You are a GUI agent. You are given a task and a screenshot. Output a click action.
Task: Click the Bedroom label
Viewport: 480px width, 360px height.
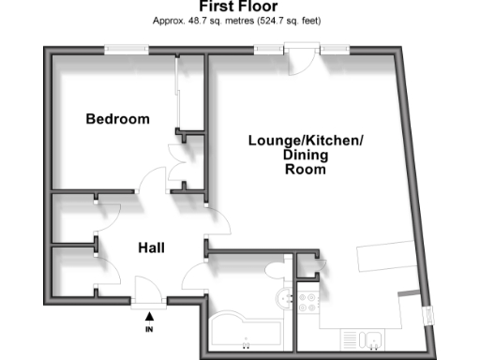118,119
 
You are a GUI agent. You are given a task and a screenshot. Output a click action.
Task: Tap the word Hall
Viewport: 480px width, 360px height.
152,247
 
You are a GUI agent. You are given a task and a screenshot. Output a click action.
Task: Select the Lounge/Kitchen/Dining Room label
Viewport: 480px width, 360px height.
305,156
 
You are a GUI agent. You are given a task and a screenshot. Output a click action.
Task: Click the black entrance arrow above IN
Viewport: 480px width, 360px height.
148,315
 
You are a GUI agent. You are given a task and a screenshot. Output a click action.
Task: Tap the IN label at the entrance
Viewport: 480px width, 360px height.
148,330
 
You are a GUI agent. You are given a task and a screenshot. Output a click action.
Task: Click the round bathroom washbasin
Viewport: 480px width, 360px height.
283,298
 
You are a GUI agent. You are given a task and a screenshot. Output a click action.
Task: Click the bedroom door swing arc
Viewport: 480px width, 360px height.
151,183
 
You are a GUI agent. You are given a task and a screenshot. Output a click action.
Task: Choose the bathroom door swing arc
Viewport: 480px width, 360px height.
197,277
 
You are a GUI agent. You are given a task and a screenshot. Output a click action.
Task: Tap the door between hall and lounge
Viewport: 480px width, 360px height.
217,220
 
